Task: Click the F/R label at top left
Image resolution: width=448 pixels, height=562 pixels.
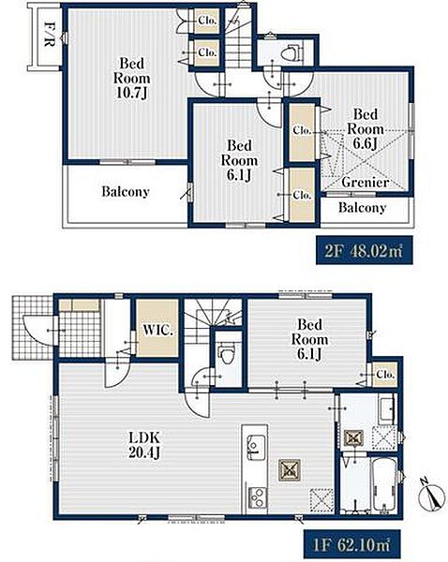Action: point(49,35)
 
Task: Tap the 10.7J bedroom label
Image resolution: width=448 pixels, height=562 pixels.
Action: point(131,78)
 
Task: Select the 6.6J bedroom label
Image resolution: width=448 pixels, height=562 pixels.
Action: point(366,129)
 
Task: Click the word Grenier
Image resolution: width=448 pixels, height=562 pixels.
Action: point(366,182)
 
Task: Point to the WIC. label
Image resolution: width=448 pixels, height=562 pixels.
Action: point(157,330)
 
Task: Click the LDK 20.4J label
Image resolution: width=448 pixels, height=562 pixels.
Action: point(144,445)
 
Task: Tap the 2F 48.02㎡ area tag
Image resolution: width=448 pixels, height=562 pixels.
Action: point(364,250)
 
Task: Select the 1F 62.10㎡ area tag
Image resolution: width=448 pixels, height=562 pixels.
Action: point(351,545)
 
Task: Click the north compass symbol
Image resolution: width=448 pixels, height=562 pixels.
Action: point(433,496)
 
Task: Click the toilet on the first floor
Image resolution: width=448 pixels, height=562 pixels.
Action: point(226,353)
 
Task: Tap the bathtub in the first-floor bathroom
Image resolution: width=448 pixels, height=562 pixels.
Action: point(384,485)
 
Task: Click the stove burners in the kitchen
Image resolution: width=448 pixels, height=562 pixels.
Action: point(256,497)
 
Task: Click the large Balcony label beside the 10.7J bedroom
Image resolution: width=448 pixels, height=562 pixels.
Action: point(126,192)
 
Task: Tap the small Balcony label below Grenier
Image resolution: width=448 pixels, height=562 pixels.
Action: point(363,208)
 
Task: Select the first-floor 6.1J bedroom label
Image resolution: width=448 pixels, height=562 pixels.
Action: point(309,339)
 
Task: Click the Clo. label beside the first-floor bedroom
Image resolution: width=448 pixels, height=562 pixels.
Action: point(385,375)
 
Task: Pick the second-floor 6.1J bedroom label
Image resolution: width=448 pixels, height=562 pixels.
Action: point(239,160)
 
